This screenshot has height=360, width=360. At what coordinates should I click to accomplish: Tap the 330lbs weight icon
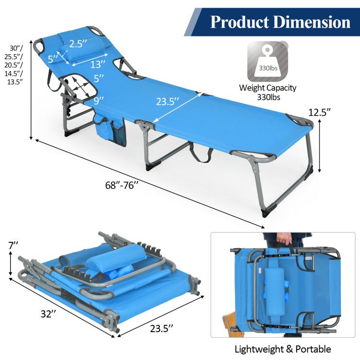pos(269,61)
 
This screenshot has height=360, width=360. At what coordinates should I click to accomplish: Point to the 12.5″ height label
pos(320,113)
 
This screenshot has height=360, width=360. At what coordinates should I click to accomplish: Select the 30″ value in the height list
pos(15,48)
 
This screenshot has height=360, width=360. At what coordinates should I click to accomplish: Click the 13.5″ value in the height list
pos(16,82)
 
